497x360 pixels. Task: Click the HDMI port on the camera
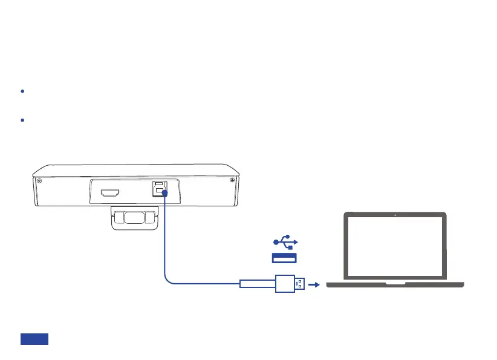(110, 193)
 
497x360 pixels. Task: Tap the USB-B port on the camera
(158, 189)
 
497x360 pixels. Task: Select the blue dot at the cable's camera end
(164, 192)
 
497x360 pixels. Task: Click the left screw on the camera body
(39, 180)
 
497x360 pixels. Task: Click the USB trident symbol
(284, 242)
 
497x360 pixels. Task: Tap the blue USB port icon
(284, 258)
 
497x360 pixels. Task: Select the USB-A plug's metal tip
(299, 283)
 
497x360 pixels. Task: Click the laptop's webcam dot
(395, 215)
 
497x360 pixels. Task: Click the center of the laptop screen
(395, 247)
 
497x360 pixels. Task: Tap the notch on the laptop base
(395, 283)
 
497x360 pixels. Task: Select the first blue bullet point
(22, 91)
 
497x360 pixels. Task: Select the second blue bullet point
(22, 120)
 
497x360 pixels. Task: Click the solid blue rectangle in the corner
(34, 339)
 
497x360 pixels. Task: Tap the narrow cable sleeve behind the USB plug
(257, 283)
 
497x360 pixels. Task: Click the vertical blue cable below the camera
(164, 236)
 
